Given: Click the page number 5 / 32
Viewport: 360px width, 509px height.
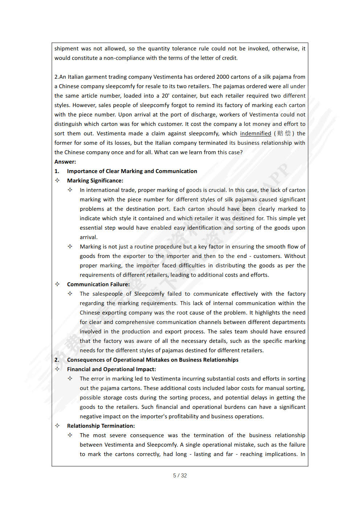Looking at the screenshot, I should (180, 475).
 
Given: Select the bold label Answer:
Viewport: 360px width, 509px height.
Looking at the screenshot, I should (65, 162).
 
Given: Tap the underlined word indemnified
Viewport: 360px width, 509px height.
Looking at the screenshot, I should (255, 134).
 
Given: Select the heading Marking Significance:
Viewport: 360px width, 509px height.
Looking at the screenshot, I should (95, 181).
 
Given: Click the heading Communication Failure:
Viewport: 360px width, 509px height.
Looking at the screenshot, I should (98, 284).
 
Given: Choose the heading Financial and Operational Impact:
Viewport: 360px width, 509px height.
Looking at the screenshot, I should (111, 369).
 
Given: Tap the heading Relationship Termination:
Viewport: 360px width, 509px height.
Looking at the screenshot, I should (101, 426).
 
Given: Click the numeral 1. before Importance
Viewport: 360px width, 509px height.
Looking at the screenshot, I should (57, 171).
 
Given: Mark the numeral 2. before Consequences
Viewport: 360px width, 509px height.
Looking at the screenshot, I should (57, 360).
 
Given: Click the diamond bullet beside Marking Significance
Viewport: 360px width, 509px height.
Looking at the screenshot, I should (57, 180).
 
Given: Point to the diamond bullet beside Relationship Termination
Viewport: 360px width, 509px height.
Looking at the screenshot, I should (57, 426).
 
